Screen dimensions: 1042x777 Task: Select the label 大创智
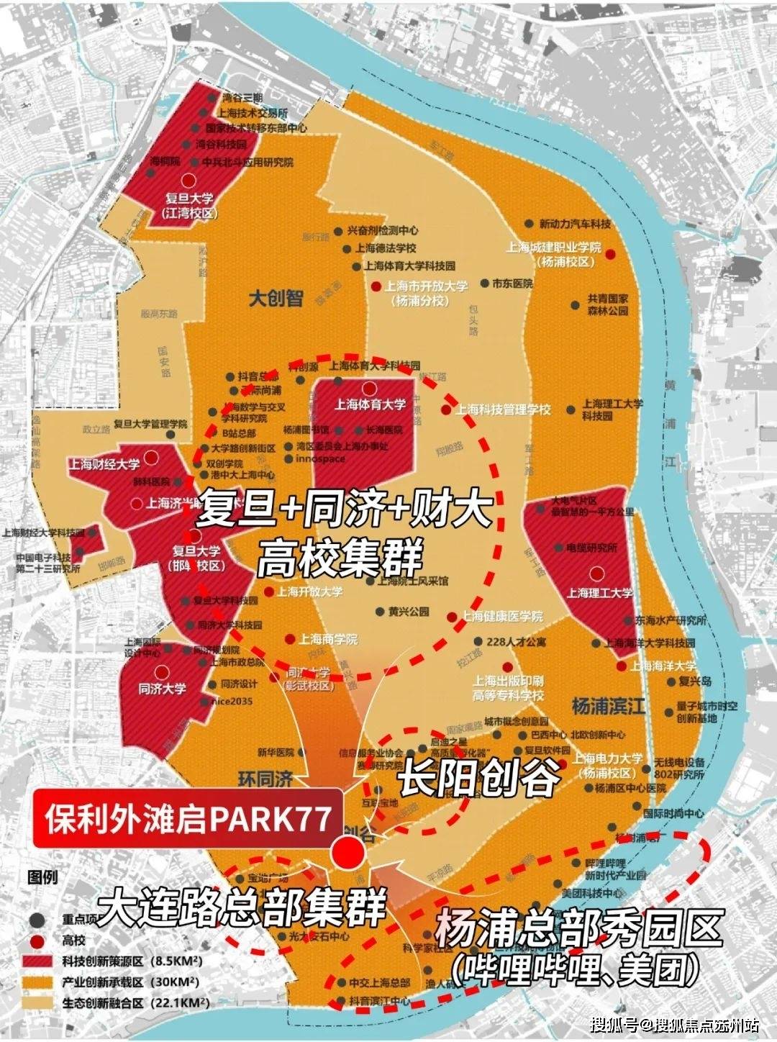(276, 298)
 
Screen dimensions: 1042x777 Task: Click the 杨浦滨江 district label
(608, 706)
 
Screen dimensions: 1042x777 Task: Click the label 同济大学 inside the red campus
(162, 689)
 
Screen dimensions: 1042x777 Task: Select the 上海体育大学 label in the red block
(370, 404)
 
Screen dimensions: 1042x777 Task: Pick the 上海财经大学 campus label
(104, 464)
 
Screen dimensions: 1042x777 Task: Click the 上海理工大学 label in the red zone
(599, 593)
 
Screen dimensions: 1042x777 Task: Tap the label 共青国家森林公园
(607, 304)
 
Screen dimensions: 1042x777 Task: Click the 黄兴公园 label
(408, 612)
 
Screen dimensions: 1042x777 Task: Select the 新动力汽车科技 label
(575, 225)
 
